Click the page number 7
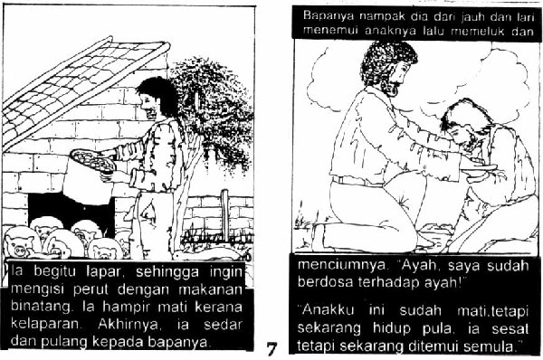[x=271, y=348]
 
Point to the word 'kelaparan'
[x=46, y=325]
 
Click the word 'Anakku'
[x=326, y=310]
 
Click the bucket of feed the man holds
[x=90, y=175]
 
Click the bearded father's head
[x=388, y=68]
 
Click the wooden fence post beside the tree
[x=225, y=214]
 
